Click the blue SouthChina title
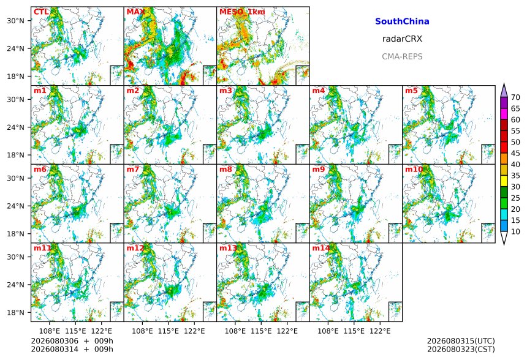[x=402, y=21]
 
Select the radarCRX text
[x=402, y=39]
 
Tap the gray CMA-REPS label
[x=402, y=56]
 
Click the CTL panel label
[x=41, y=12]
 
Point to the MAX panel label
[x=135, y=12]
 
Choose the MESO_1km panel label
[x=242, y=12]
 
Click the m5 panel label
[x=411, y=91]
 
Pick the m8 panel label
[x=226, y=169]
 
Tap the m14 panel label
[x=320, y=248]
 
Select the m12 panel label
[x=135, y=248]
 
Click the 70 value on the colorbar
[x=515, y=97]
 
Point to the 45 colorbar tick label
[x=515, y=153]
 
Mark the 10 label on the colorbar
[x=515, y=231]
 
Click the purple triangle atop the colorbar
[x=504, y=91]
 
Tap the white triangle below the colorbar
[x=504, y=238]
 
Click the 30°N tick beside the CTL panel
[x=15, y=21]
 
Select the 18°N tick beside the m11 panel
[x=15, y=312]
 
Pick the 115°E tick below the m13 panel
[x=261, y=331]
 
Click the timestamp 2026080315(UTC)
[x=461, y=341]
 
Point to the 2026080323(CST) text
[x=461, y=349]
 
